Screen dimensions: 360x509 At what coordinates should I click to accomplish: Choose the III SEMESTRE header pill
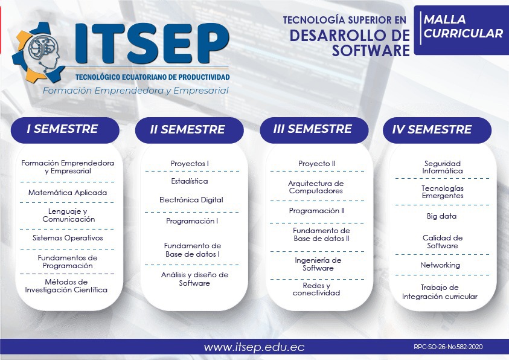tap(312, 129)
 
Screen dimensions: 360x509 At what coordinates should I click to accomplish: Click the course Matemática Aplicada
tap(68, 193)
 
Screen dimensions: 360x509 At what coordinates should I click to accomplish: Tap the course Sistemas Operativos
tap(68, 238)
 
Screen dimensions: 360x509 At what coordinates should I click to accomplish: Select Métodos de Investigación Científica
tap(66, 286)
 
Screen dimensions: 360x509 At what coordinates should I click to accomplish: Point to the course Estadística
tap(190, 181)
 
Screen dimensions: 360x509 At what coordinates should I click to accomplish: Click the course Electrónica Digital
tap(191, 200)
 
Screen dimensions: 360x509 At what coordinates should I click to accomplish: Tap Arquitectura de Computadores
tap(316, 187)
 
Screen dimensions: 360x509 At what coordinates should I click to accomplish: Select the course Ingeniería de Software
tap(318, 264)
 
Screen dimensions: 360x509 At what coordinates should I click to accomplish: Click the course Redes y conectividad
tap(316, 289)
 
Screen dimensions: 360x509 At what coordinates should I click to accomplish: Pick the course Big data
tap(442, 216)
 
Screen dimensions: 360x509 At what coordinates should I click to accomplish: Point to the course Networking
tap(440, 265)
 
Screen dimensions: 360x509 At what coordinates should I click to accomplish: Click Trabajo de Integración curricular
tap(440, 292)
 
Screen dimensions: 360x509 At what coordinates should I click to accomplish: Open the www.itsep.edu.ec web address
tap(254, 347)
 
